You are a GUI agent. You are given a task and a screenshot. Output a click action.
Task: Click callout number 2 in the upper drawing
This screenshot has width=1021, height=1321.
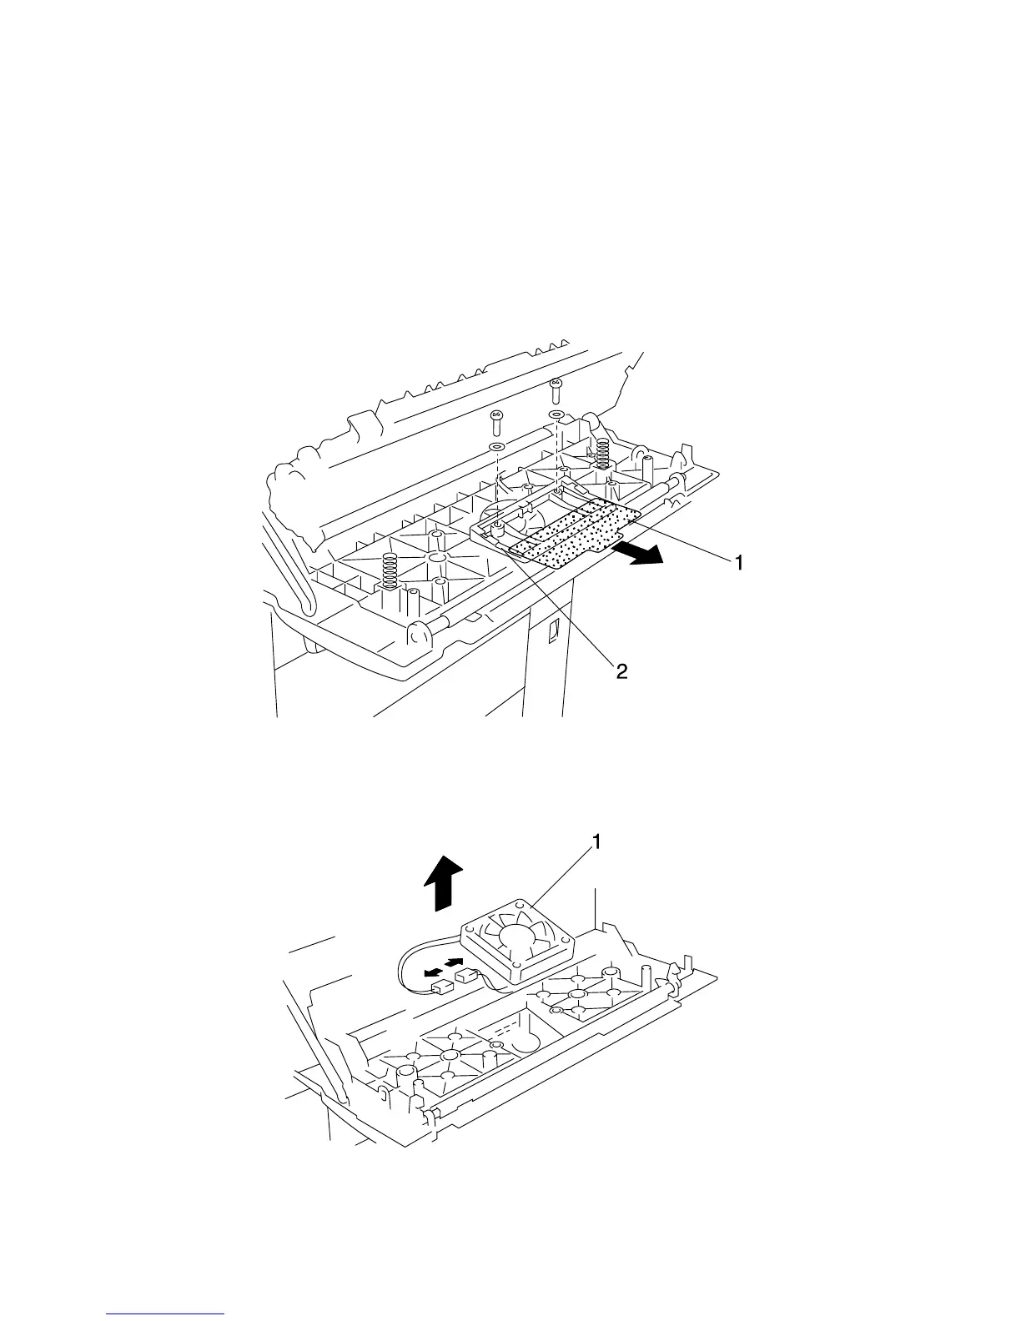[x=621, y=671]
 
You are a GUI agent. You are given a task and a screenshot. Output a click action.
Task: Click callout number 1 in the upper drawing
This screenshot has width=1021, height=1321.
[x=737, y=564]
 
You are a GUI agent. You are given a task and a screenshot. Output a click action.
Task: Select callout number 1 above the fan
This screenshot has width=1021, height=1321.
[x=596, y=843]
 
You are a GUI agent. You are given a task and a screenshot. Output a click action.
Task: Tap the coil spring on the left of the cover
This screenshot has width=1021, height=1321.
[x=387, y=570]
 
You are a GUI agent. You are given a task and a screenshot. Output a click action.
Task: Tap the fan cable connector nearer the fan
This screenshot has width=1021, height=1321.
[x=465, y=975]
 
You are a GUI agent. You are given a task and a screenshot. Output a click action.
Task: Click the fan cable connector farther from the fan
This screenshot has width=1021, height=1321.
[x=440, y=989]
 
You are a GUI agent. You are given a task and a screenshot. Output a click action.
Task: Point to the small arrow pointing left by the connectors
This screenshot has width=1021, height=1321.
[x=431, y=972]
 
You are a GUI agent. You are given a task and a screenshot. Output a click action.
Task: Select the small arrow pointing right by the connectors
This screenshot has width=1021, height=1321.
[x=455, y=962]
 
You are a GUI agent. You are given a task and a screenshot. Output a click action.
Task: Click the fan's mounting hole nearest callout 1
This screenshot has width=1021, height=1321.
[x=521, y=903]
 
